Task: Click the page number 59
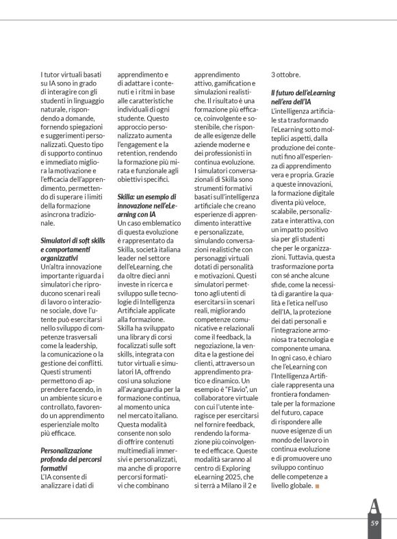click(x=374, y=523)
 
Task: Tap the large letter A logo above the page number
click(x=374, y=506)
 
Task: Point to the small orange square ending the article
click(x=317, y=486)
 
